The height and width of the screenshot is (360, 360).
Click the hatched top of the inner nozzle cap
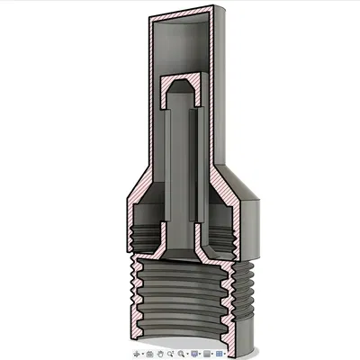click(180, 80)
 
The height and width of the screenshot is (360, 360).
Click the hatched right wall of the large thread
click(236, 297)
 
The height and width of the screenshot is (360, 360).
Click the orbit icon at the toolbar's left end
click(137, 353)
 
